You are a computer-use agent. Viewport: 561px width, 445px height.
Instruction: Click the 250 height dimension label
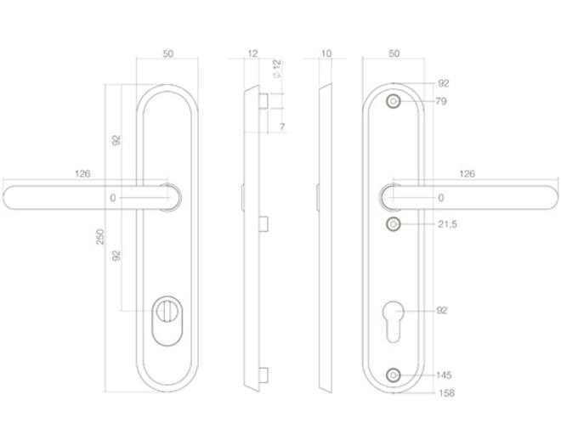100,237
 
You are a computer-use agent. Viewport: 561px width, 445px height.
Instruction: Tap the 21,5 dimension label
448,224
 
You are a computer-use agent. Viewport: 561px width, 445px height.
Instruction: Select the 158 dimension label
446,393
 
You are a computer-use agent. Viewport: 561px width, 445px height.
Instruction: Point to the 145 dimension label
444,375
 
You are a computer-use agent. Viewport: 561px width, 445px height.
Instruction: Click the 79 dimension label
441,101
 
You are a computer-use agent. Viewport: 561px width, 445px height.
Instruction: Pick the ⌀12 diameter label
277,69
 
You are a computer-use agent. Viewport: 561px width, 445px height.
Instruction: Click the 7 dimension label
282,127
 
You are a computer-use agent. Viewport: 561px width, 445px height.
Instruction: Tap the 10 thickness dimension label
326,54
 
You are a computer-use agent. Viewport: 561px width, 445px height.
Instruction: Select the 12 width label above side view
252,54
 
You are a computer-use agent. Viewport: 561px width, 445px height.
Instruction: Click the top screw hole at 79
394,102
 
